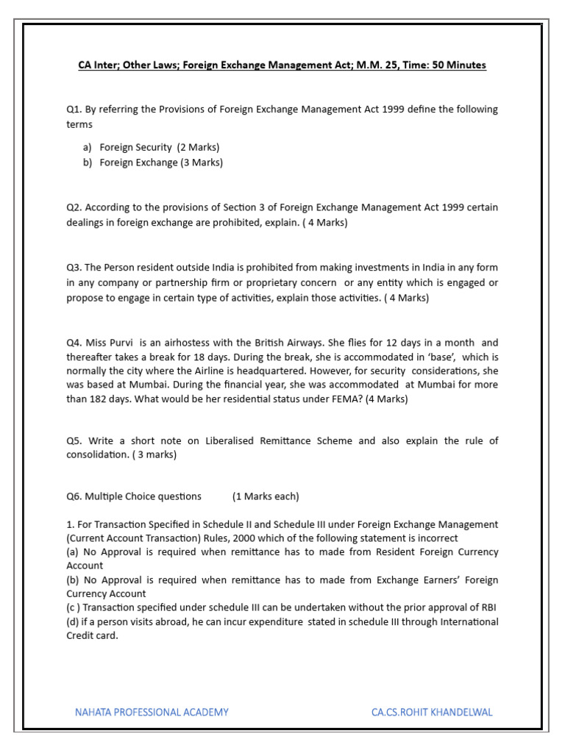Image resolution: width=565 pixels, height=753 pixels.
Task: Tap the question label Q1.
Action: [74, 110]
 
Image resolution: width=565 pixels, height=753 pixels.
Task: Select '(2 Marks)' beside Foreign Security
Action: [198, 147]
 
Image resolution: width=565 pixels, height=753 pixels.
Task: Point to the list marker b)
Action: [88, 163]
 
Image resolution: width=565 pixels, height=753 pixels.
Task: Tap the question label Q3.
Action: [74, 268]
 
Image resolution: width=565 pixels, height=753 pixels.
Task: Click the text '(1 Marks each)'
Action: [266, 496]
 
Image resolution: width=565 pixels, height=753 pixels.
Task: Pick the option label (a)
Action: [73, 552]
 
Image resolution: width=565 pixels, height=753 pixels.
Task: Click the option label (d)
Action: [73, 622]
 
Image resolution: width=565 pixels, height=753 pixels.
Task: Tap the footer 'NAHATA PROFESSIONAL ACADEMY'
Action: [152, 712]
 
